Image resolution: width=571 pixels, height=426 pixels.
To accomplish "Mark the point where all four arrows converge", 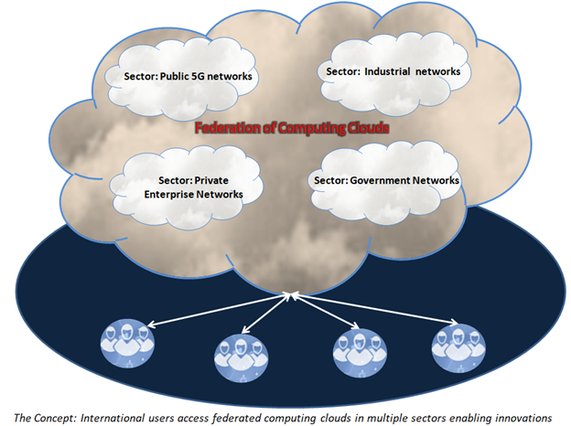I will tap(291, 293).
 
